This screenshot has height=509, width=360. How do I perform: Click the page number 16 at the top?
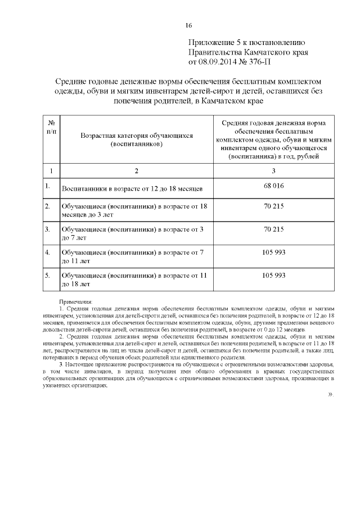point(188,25)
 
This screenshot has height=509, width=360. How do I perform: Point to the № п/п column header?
point(51,127)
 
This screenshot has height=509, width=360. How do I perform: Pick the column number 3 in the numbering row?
point(273,170)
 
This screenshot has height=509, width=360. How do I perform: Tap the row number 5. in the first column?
point(48,276)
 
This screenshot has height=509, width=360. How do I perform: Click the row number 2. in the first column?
point(48,206)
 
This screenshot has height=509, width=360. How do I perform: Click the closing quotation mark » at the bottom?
point(330,394)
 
